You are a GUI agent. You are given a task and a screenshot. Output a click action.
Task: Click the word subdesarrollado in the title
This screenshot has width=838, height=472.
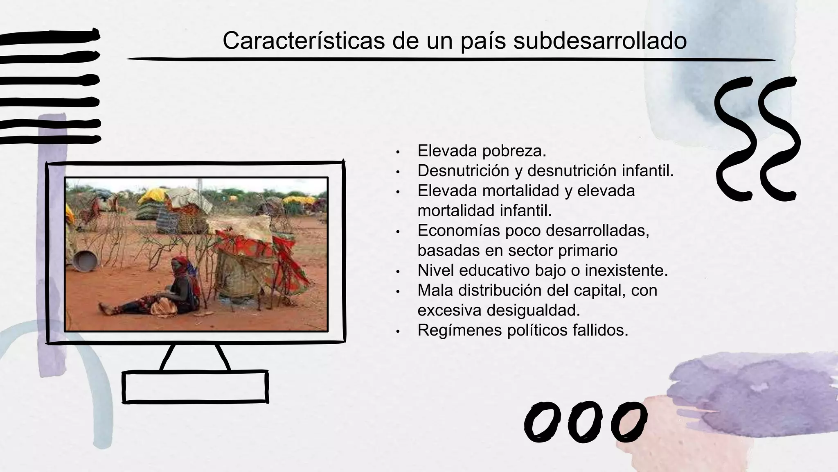(600, 41)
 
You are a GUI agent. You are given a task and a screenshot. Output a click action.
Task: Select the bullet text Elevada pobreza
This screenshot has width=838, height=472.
(482, 151)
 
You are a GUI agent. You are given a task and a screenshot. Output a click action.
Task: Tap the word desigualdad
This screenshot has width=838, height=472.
(533, 310)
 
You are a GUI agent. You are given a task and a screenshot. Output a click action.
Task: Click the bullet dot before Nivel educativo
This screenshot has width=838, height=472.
(397, 272)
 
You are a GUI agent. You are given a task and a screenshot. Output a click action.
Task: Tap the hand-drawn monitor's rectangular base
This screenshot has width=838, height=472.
(195, 386)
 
